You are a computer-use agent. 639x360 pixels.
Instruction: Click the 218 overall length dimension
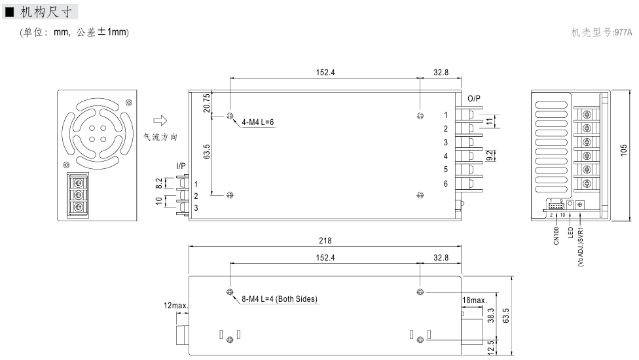point(325,241)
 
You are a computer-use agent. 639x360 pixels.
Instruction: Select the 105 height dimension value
point(623,151)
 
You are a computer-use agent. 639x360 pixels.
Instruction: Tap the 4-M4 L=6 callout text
point(257,122)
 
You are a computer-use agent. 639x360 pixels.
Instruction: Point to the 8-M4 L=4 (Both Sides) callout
point(279,299)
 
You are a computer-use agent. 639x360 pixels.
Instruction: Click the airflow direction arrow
point(160,120)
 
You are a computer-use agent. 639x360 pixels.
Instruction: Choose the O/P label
point(474,99)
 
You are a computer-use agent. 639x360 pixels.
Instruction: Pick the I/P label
point(181,166)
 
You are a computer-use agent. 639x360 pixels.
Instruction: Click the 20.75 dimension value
point(207,103)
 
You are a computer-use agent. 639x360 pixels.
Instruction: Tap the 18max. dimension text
point(475,300)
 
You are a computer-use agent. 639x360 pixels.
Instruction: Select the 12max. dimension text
point(175,306)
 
